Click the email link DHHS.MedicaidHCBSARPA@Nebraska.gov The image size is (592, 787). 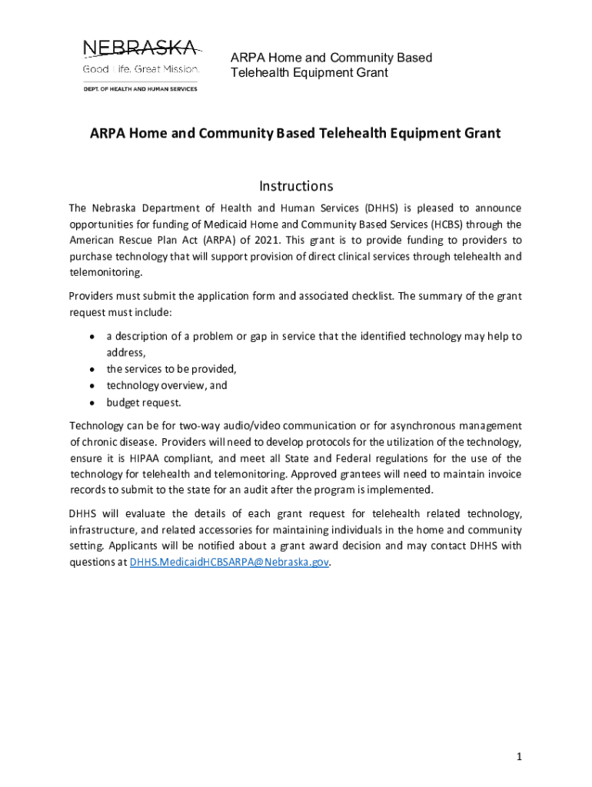(x=229, y=562)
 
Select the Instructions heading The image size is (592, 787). (x=296, y=186)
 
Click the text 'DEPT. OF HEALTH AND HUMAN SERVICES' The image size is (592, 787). (x=140, y=89)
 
